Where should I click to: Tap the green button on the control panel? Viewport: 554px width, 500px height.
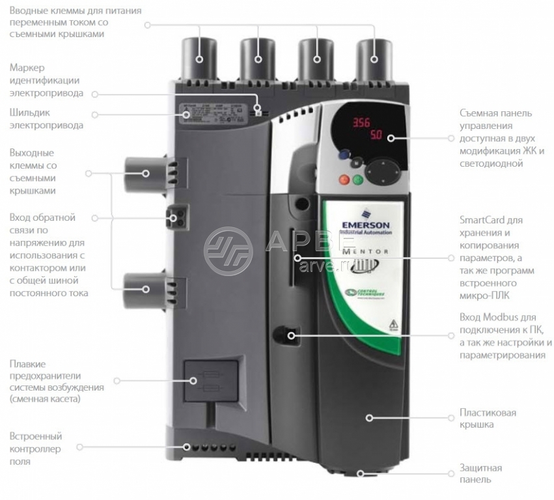coord(357,180)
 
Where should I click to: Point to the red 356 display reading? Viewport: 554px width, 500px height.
coord(362,123)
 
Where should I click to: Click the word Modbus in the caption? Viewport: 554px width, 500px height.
coord(499,318)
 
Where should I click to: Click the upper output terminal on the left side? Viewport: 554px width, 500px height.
coord(145,174)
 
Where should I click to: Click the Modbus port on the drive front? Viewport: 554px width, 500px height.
coord(291,335)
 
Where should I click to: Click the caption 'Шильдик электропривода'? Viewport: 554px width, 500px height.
coord(46,119)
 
